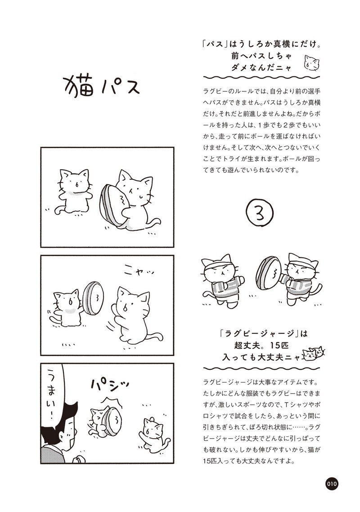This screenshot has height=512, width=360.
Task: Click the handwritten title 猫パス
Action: [x=101, y=85]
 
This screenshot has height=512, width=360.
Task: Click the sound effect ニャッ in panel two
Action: [x=139, y=270]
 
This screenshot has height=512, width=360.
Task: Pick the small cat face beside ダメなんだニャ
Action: [x=311, y=63]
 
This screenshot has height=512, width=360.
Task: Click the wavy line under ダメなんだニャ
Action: [x=261, y=77]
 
